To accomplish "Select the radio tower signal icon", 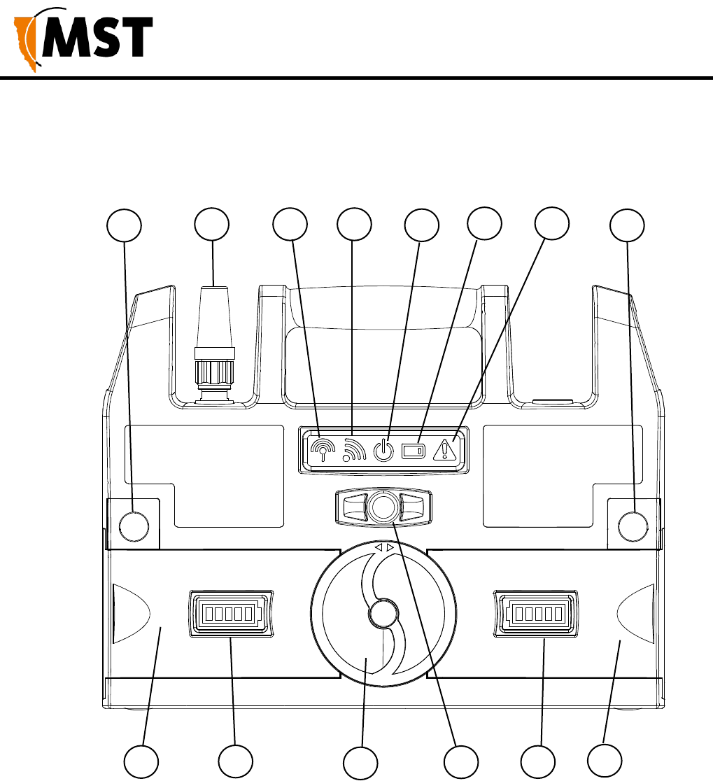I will [x=323, y=449].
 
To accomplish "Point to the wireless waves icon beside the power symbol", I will [x=354, y=449].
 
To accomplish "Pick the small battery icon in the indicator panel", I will [x=414, y=451].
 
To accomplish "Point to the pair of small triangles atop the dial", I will [x=384, y=548].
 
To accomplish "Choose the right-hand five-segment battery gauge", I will [x=537, y=614].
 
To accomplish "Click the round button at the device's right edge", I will [x=633, y=526].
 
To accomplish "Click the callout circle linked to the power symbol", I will [x=422, y=225].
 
